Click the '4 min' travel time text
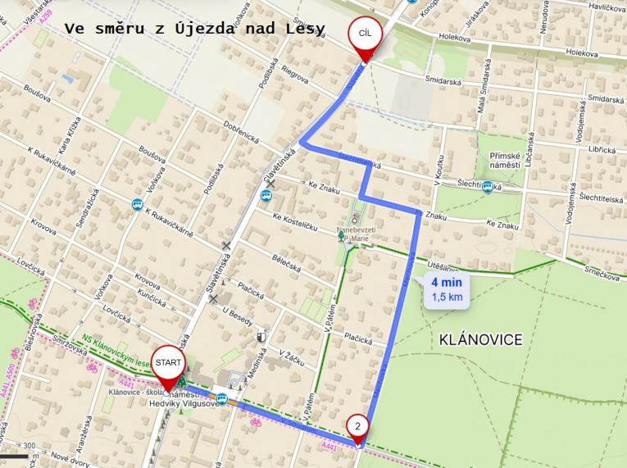447,284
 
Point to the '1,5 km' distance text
447,297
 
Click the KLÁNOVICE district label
481,339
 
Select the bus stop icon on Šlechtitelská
488,188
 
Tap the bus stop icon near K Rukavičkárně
135,205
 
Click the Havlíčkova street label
607,7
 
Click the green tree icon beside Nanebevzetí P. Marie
341,236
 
